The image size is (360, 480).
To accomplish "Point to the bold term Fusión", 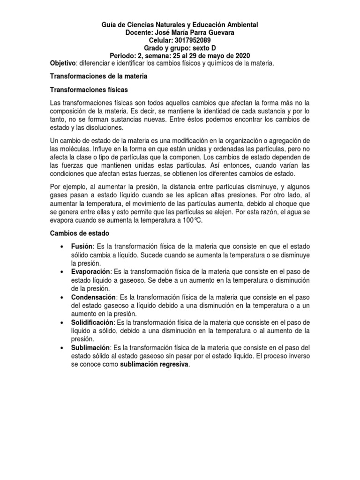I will coord(82,247).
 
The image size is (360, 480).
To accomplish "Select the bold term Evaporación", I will coord(91,272).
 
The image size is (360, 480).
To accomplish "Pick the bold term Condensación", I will coord(93,297).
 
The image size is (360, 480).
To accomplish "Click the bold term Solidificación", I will coord(92,322).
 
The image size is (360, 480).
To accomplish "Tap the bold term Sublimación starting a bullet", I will coord(90,348).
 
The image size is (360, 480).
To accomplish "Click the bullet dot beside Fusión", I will coord(62,247).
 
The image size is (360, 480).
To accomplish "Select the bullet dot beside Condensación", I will coord(62,298).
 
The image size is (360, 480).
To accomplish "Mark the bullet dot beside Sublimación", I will coord(62,348).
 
